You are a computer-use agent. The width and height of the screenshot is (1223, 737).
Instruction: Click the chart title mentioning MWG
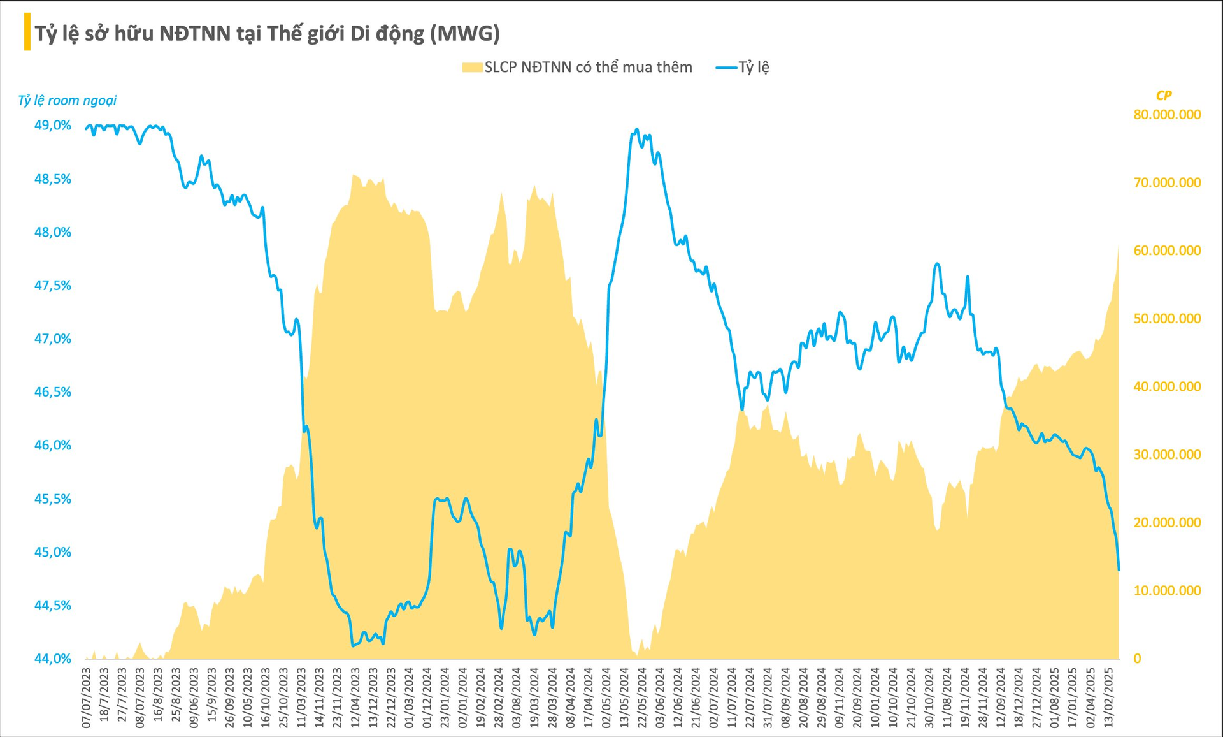click(267, 33)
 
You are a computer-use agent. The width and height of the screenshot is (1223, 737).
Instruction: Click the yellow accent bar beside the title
click(27, 32)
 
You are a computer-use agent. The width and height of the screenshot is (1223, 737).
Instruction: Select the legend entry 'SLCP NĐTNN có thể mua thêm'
click(576, 68)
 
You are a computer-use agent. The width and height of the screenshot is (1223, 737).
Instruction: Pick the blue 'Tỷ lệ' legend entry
click(743, 68)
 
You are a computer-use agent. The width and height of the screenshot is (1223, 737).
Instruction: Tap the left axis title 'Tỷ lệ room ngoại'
click(67, 100)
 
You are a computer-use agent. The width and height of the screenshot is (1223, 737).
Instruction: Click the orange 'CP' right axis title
click(1163, 96)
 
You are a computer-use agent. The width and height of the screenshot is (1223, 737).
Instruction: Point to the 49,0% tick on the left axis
click(52, 126)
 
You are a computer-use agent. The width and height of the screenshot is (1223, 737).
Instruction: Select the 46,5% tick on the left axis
click(52, 392)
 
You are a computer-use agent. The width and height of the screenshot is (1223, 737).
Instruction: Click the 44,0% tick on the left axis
click(52, 659)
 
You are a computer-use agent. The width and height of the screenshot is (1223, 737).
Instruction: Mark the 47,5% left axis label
click(52, 286)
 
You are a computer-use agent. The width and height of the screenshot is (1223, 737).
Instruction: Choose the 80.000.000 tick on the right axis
click(1167, 115)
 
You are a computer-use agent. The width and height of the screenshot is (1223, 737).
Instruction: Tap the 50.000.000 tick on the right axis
click(1167, 319)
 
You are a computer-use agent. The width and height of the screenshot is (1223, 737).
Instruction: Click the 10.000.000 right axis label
click(1167, 591)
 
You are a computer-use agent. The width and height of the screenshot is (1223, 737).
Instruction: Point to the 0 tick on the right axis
click(1138, 659)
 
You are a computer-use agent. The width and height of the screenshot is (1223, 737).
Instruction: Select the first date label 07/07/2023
click(87, 698)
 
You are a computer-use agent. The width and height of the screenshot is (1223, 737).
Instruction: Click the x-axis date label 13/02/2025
click(1109, 698)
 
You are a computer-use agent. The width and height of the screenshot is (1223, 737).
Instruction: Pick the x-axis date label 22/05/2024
click(643, 698)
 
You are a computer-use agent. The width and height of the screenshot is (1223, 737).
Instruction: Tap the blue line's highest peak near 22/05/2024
click(637, 129)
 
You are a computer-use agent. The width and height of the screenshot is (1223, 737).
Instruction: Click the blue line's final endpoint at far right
click(1119, 569)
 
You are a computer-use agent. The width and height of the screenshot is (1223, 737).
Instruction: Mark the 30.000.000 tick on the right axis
click(1167, 455)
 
